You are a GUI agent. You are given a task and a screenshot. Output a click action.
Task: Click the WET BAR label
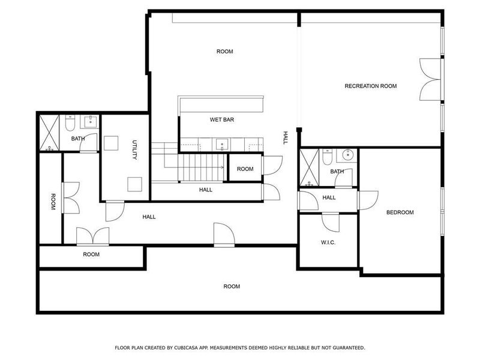point(221,120)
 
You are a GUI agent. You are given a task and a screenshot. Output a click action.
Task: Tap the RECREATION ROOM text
point(370,86)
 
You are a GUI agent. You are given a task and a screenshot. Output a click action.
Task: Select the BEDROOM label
point(400,212)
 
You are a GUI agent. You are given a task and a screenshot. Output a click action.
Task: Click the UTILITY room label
point(135,150)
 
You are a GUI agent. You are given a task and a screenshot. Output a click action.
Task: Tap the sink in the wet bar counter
point(221,144)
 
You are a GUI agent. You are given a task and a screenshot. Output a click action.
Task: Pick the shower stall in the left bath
point(48,132)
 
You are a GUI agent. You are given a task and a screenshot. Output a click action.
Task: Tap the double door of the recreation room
point(431,79)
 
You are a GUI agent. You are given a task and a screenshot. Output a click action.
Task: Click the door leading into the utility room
point(115,211)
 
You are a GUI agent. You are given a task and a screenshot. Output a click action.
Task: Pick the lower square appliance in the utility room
point(134,184)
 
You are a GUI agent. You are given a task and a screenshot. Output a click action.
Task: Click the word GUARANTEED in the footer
point(344,347)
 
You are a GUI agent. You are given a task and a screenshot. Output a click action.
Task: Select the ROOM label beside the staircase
point(245,169)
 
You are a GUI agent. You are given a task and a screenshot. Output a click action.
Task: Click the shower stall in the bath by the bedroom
point(310,166)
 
